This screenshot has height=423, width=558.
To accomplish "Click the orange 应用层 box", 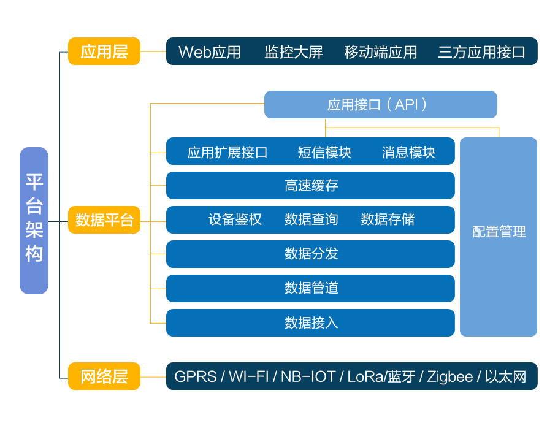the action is pyautogui.click(x=104, y=51).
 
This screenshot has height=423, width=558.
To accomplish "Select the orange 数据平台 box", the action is pyautogui.click(x=104, y=220).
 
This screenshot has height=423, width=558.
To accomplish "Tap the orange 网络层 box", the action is pyautogui.click(x=104, y=376).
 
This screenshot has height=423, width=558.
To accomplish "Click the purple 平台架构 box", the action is pyautogui.click(x=34, y=221).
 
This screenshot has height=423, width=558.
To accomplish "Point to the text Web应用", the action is pyautogui.click(x=209, y=52).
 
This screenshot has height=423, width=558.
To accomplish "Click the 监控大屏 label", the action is pyautogui.click(x=294, y=52).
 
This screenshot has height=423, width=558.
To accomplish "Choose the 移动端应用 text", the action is pyautogui.click(x=380, y=52).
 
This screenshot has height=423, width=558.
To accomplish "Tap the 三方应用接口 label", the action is pyautogui.click(x=481, y=52).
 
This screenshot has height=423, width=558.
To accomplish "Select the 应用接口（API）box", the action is pyautogui.click(x=380, y=105).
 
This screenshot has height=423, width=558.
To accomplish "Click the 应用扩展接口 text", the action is pyautogui.click(x=227, y=152).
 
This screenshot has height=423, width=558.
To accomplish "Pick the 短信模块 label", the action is pyautogui.click(x=324, y=152).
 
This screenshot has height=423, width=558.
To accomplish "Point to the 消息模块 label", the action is pyautogui.click(x=408, y=152).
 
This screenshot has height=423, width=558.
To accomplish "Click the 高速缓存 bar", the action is pyautogui.click(x=310, y=185).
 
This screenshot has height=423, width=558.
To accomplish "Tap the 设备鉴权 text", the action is pyautogui.click(x=235, y=219).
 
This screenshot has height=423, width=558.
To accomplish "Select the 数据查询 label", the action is pyautogui.click(x=311, y=219).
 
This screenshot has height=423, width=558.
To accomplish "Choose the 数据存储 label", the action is pyautogui.click(x=388, y=219).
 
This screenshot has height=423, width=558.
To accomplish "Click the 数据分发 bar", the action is pyautogui.click(x=310, y=254).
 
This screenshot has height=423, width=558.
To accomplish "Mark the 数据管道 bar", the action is pyautogui.click(x=310, y=289).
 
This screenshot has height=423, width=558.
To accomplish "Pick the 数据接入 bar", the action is pyautogui.click(x=310, y=322).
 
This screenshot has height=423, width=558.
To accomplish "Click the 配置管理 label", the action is pyautogui.click(x=499, y=232).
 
